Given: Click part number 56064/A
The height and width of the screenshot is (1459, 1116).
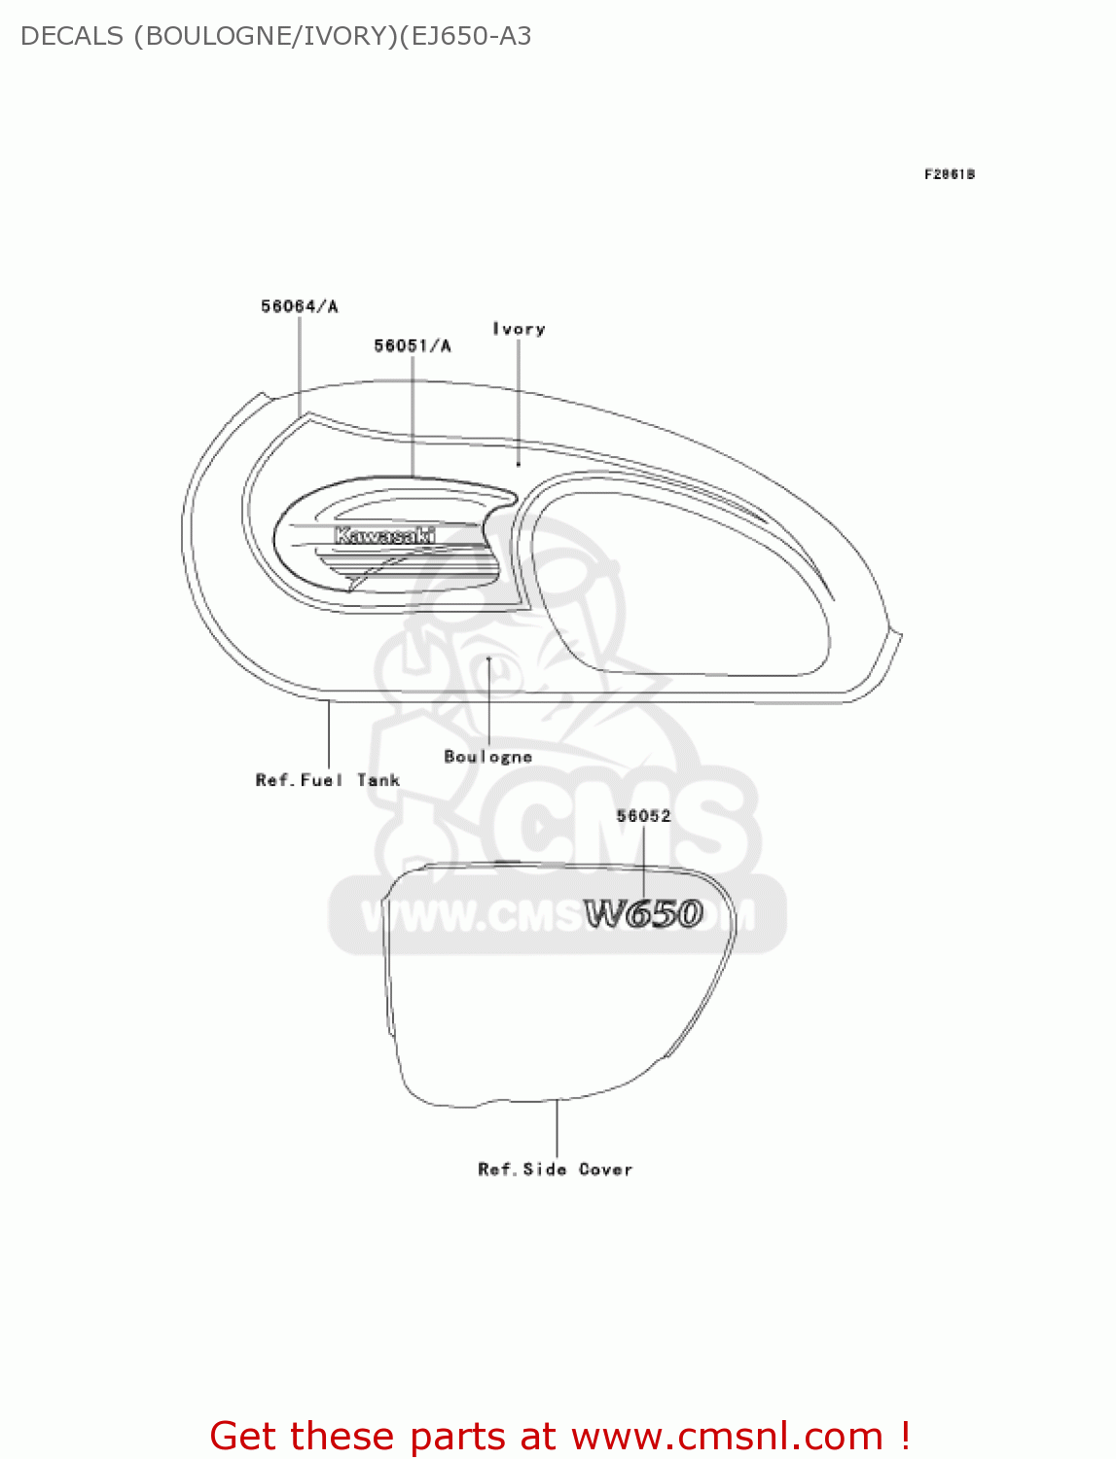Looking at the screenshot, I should coord(299,306).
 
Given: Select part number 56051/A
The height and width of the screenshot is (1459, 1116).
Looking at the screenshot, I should coord(413,345).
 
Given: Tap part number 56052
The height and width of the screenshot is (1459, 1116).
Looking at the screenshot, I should coord(643,816).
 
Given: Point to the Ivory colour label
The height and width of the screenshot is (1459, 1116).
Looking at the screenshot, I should coord(519,329).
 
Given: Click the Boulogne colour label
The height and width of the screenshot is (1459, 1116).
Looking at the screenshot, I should coord(487,756).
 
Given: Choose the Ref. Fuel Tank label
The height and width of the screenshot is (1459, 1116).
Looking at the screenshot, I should coord(327,780).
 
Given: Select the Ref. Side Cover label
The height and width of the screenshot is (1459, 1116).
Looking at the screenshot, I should coord(555,1169).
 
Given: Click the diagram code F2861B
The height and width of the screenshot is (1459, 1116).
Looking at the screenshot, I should coord(949,174).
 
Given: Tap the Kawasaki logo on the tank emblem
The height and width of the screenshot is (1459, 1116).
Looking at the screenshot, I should coord(384,536).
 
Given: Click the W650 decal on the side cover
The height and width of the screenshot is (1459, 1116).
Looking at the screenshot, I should coord(643,914).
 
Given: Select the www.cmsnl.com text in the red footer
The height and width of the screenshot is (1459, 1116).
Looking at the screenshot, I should coord(726,1436).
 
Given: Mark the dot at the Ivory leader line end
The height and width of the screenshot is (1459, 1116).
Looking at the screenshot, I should coord(519,465).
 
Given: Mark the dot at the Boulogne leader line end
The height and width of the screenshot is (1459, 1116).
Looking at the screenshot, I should coord(488,658).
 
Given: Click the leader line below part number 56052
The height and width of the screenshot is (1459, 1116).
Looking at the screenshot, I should coord(643,861).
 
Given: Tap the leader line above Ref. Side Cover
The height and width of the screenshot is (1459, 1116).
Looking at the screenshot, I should coord(557,1128).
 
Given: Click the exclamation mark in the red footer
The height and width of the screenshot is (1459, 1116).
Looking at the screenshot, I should coord(905,1436).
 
